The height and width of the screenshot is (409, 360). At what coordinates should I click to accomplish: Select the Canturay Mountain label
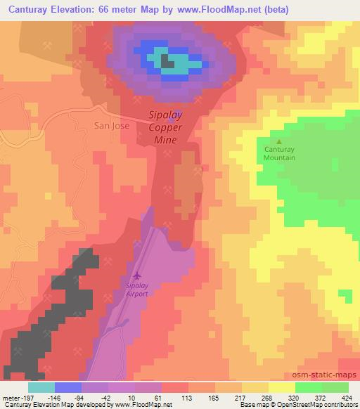click(279, 153)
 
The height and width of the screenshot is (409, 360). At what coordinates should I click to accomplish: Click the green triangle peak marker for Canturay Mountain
click(279, 142)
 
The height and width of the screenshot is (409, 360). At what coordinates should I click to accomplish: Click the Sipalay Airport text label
click(136, 290)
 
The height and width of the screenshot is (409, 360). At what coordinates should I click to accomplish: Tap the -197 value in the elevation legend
click(25, 397)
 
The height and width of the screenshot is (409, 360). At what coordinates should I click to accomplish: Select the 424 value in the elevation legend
click(346, 397)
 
